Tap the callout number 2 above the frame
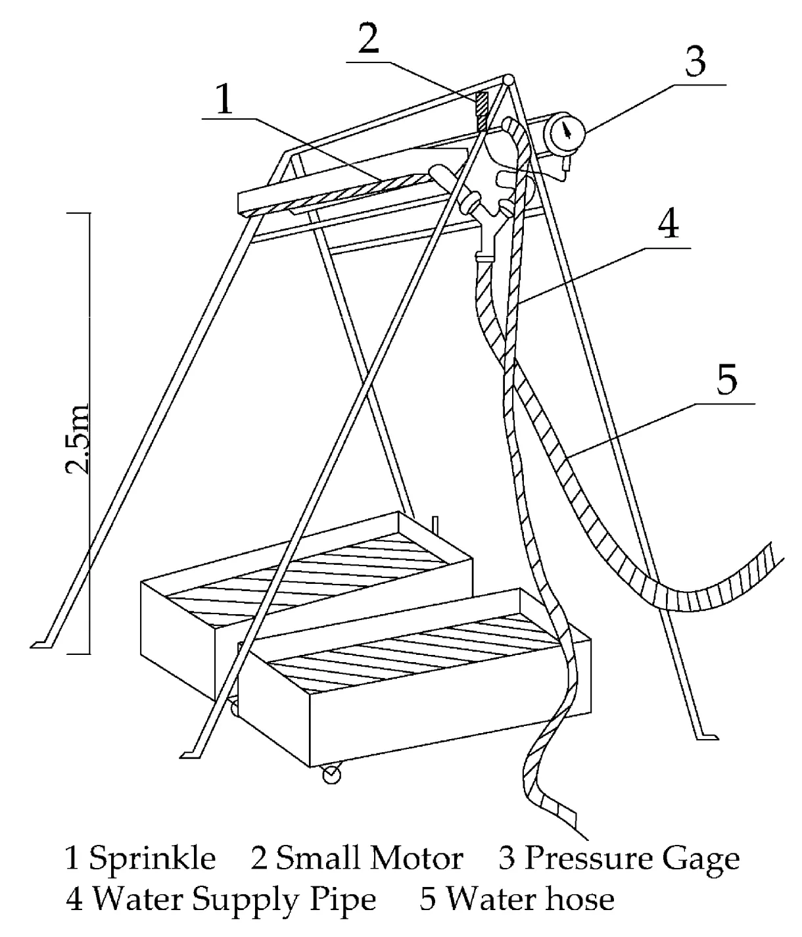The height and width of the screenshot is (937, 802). click(368, 39)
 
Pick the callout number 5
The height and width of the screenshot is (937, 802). click(726, 380)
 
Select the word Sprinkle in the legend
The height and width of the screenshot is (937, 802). click(152, 858)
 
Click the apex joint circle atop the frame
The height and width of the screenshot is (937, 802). click(507, 79)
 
